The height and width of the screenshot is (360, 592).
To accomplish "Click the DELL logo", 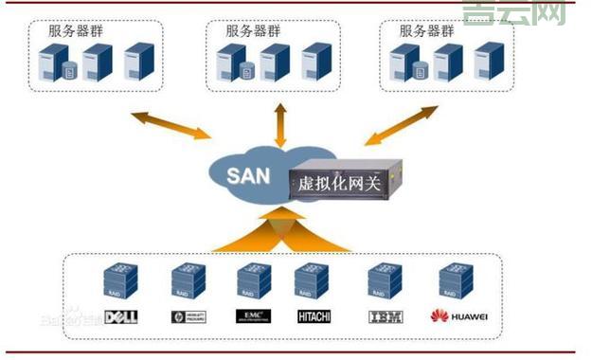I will pos(122,316).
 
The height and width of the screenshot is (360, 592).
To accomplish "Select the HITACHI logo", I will pos(314,316).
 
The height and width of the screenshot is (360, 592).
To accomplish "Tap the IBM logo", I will pos(381,316).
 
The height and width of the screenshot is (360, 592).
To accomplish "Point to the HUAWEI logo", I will pos(456,316).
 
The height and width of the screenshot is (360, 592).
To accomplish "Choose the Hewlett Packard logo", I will pos(189,316).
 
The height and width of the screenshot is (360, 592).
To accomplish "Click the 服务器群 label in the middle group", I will pos(253,29).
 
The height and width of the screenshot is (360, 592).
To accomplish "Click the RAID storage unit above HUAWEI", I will pos(456,281).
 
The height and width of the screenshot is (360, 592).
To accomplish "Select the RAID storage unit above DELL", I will pos(121,281).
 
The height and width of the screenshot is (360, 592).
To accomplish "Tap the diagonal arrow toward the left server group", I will pos(170,125).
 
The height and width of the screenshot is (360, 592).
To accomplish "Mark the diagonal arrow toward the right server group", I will pos(403,125).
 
